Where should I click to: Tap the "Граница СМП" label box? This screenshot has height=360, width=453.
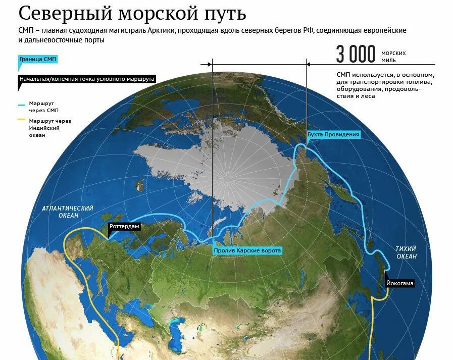[38, 59]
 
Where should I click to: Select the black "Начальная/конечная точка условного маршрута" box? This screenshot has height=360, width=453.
[86, 79]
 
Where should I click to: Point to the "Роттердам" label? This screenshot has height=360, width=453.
[124, 227]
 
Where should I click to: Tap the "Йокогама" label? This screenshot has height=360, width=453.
[399, 283]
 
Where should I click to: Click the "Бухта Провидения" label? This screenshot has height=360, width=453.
[333, 134]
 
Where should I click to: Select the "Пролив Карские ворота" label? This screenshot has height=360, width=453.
[247, 250]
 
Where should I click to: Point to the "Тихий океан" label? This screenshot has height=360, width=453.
[406, 252]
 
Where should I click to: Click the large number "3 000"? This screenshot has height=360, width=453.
[356, 55]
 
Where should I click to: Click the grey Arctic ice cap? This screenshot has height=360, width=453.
[227, 162]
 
